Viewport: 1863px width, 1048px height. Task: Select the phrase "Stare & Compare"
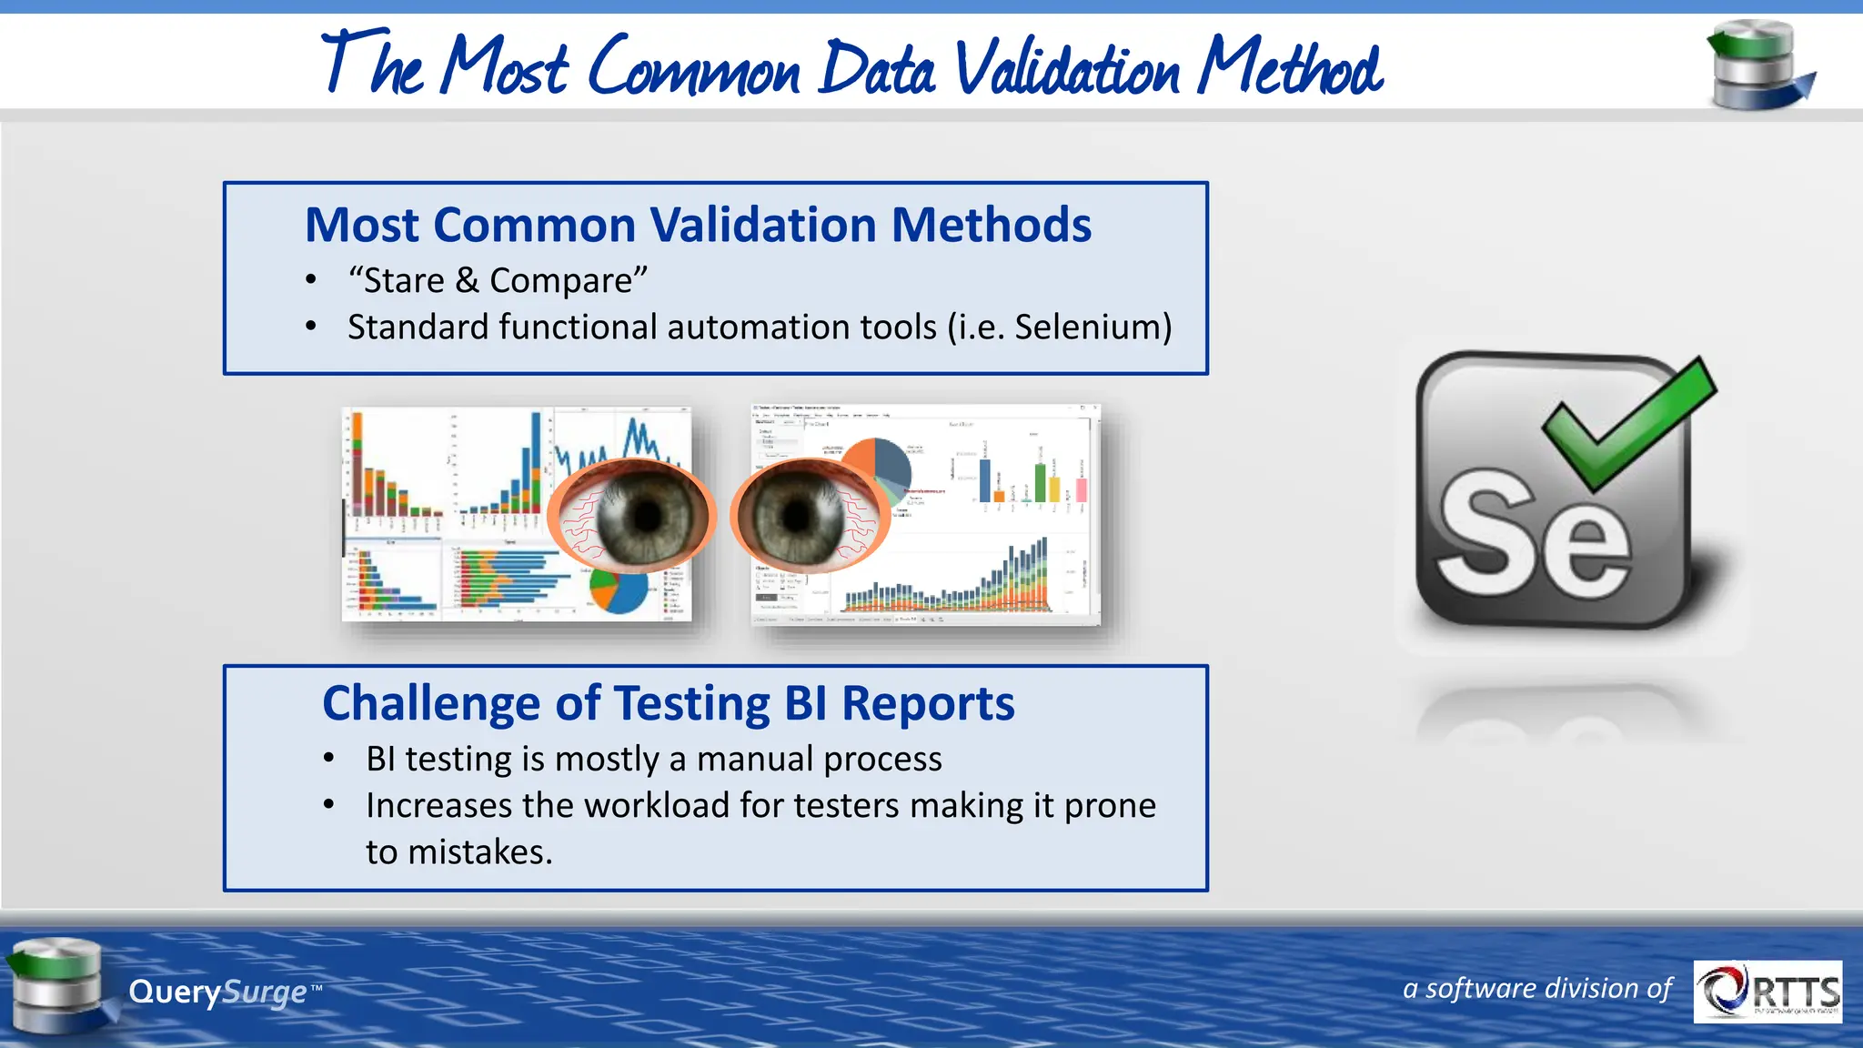coord(498,281)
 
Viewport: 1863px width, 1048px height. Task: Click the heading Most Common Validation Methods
coord(698,225)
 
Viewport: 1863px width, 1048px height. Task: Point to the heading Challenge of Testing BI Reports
coord(668,703)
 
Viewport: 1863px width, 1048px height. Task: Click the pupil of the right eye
coord(797,516)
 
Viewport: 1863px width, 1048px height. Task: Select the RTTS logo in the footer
coord(1767,991)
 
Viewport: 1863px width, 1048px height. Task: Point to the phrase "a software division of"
coord(1536,989)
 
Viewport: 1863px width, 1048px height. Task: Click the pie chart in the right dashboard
coord(881,467)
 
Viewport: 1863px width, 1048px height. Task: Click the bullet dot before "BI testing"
coord(329,758)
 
